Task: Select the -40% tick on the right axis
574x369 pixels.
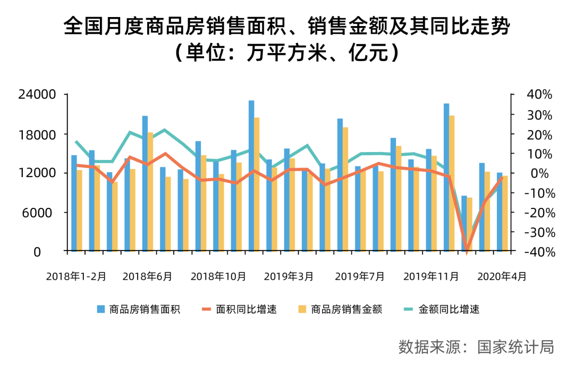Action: (x=538, y=252)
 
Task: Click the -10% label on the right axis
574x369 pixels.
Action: (x=538, y=193)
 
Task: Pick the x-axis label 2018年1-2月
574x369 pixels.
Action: (x=76, y=276)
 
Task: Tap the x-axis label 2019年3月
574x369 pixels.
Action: (x=289, y=276)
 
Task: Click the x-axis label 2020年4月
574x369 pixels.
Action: (x=502, y=276)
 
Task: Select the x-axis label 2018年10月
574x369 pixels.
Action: (x=218, y=276)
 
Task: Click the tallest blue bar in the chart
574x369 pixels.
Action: (x=251, y=175)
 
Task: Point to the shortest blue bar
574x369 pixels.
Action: (x=464, y=223)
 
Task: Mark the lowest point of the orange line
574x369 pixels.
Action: (x=467, y=251)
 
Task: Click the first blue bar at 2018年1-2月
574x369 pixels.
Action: (x=74, y=203)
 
